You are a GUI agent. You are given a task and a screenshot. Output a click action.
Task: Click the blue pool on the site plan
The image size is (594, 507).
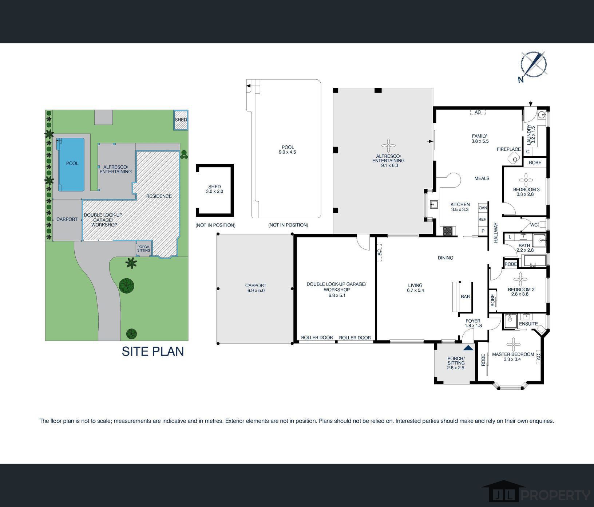point(72,164)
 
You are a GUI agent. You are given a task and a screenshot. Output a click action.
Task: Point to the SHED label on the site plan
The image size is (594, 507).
point(181,120)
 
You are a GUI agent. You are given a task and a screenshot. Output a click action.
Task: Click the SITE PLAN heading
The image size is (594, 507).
point(153,351)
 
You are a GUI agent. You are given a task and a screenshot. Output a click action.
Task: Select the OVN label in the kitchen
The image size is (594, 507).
point(483,208)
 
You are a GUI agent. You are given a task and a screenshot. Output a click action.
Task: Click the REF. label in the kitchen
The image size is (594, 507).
point(483,219)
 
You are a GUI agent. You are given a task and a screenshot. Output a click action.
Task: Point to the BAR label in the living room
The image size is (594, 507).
point(465,297)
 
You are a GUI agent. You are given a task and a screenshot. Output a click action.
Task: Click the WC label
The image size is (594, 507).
point(534,225)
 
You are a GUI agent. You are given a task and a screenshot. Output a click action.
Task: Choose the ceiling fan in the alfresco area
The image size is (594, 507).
point(388,146)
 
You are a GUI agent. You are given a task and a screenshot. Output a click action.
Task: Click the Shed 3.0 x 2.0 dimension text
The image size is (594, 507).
point(214,189)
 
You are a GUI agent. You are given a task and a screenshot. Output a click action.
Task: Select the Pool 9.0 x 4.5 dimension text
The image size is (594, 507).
point(288,150)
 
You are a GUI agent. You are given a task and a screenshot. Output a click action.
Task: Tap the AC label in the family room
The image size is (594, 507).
point(478,112)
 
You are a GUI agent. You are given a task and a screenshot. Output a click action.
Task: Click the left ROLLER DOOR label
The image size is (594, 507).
point(317,338)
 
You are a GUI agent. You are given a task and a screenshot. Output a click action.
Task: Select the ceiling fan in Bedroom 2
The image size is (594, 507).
point(520,279)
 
